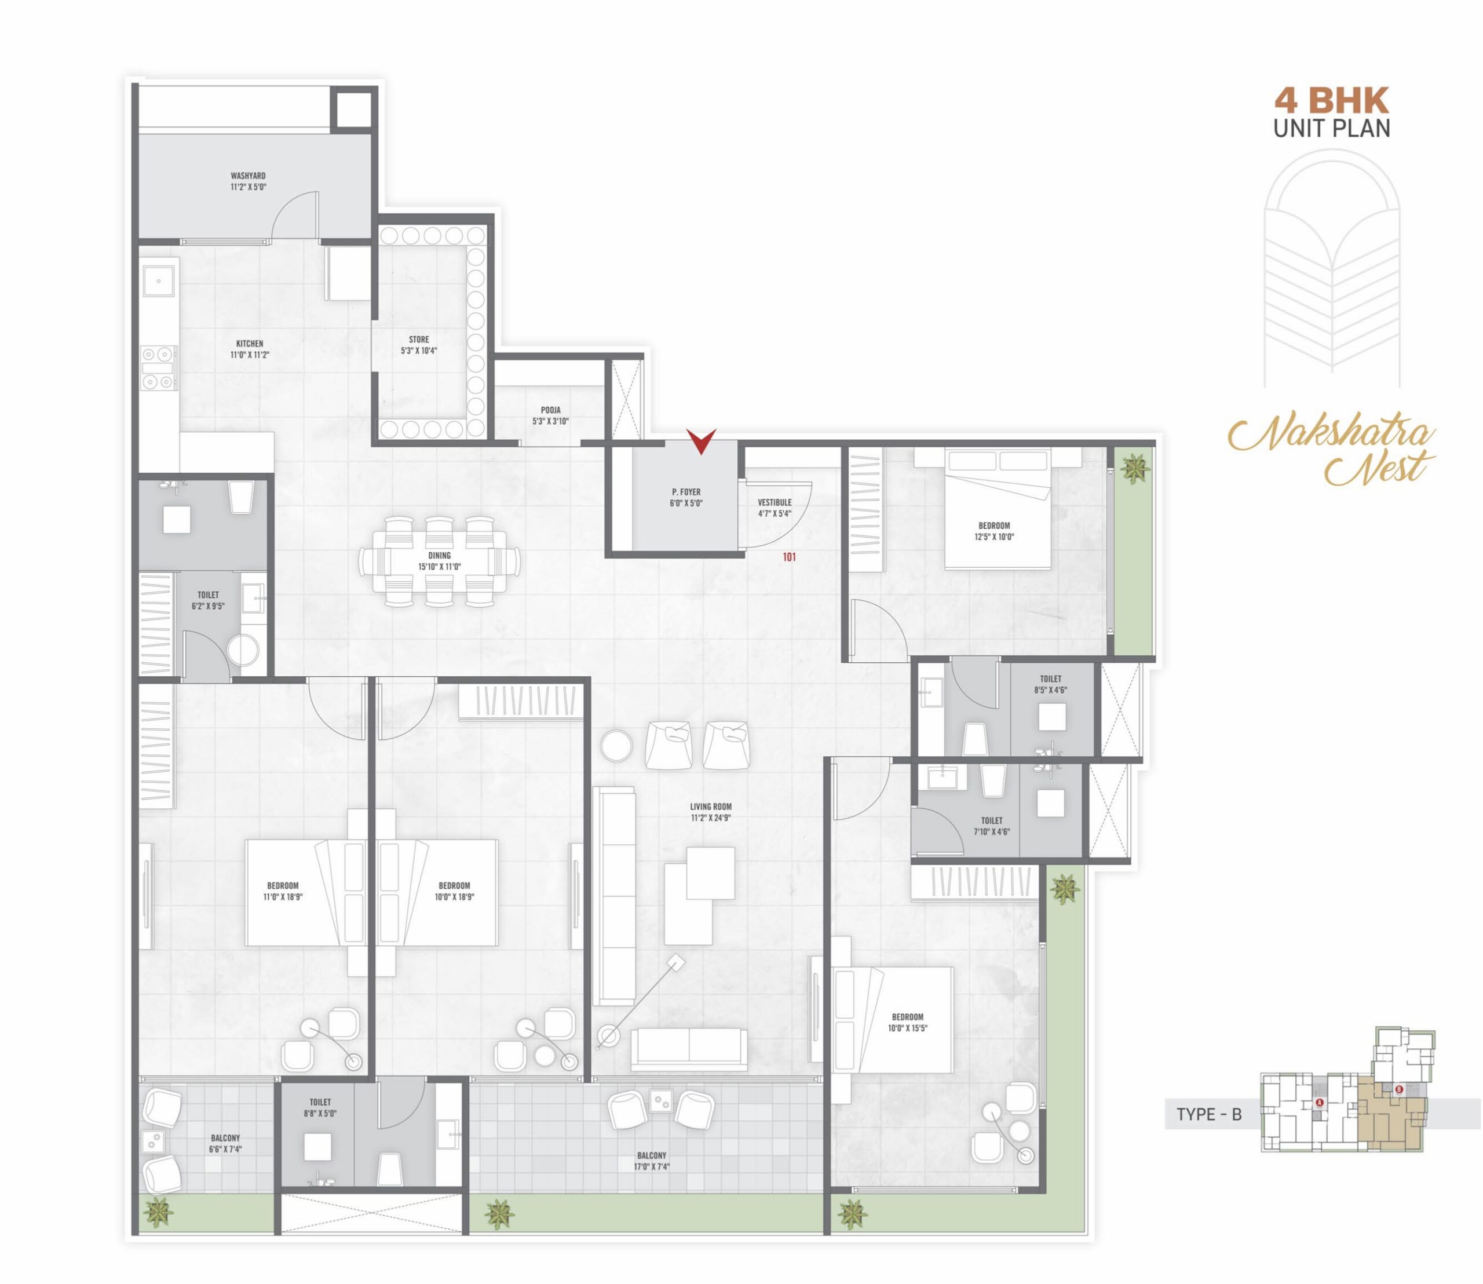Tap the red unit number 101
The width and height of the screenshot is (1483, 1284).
tap(789, 557)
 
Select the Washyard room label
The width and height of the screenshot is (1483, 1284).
tap(248, 176)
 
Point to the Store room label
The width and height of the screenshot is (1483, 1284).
tap(419, 340)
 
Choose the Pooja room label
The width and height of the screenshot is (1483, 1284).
tap(550, 411)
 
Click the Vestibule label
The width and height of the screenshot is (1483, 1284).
tap(775, 502)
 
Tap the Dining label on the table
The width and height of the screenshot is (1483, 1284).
tap(440, 555)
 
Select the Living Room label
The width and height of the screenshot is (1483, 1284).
tap(711, 806)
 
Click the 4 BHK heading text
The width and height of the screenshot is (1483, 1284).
tap(1332, 100)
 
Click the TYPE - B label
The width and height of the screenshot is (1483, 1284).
tap(1208, 1114)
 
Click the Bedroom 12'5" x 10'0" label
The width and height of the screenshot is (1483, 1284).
tap(993, 531)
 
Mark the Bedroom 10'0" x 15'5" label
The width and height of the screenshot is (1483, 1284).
tap(908, 1023)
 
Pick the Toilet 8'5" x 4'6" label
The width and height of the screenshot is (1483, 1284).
tap(1050, 684)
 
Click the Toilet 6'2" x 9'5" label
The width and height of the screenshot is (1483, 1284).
tap(208, 600)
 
